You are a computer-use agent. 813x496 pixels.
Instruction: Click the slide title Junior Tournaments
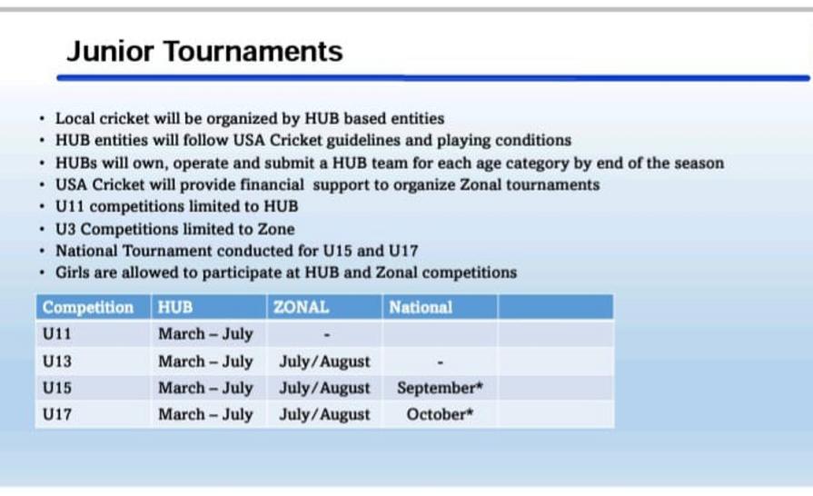[204, 51]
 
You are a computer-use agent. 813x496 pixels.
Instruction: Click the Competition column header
[88, 307]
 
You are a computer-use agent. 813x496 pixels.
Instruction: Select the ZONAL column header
[302, 307]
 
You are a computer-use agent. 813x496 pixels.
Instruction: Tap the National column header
[421, 307]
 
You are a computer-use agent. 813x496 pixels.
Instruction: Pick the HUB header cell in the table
[175, 307]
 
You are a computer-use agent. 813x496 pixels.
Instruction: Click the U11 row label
[56, 333]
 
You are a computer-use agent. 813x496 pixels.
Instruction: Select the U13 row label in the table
[57, 362]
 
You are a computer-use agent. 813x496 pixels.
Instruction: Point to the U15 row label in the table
[57, 388]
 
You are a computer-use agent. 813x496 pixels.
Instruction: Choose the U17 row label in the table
[57, 414]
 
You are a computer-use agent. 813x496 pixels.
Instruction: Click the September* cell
[440, 388]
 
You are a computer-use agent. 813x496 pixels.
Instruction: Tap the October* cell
[440, 414]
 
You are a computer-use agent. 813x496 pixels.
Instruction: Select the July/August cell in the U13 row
[324, 362]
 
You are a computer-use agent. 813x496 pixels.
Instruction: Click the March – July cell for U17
[205, 414]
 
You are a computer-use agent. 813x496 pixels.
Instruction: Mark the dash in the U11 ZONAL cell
[327, 335]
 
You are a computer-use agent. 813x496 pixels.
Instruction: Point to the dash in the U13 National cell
[441, 362]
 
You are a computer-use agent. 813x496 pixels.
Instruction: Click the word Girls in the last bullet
[73, 273]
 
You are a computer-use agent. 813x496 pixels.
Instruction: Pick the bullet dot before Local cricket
[42, 119]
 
